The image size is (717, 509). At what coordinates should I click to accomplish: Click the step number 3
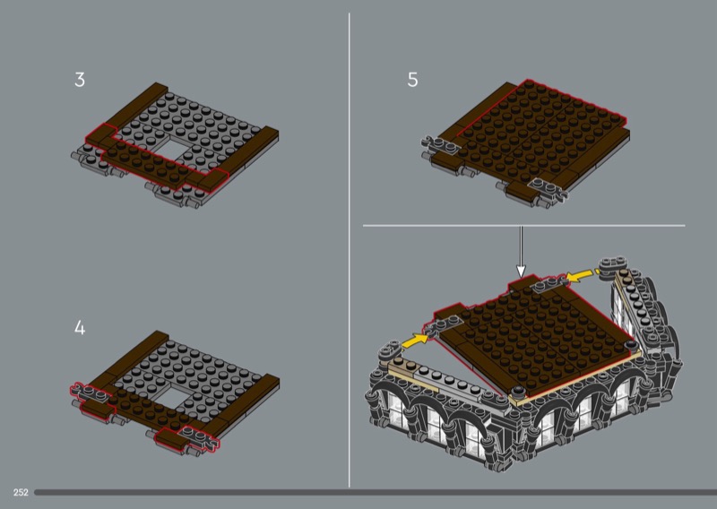80,80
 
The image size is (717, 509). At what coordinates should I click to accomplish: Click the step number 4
80,328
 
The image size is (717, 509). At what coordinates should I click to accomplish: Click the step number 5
412,80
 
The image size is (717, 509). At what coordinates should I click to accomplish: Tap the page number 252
21,493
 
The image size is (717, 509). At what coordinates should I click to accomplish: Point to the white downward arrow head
521,271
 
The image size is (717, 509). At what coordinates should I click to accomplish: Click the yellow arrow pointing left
579,275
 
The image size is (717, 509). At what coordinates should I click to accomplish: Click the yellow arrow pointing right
416,340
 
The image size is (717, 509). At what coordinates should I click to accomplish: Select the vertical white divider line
350,250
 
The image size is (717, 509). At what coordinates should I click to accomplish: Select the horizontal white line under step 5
524,226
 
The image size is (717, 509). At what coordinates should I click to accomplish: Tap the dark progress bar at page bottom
376,493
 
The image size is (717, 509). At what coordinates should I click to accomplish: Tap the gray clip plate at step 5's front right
548,187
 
